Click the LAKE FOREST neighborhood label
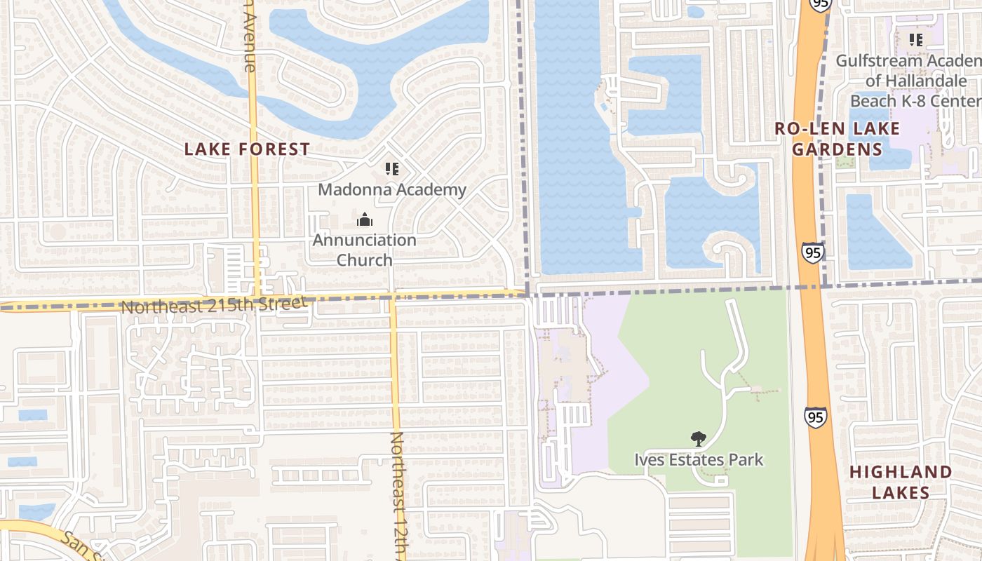pyautogui.click(x=246, y=149)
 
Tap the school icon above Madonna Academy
pyautogui.click(x=392, y=168)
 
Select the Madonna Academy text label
pyautogui.click(x=392, y=189)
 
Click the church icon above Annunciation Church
pyautogui.click(x=364, y=220)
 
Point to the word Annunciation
pyautogui.click(x=364, y=240)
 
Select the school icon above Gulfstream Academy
pyautogui.click(x=915, y=40)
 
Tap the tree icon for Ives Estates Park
pyautogui.click(x=698, y=439)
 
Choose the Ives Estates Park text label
pyautogui.click(x=699, y=460)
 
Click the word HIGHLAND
pyautogui.click(x=901, y=472)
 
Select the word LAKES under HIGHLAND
pyautogui.click(x=901, y=493)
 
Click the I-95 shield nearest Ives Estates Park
pyautogui.click(x=815, y=417)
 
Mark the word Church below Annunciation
pyautogui.click(x=364, y=259)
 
